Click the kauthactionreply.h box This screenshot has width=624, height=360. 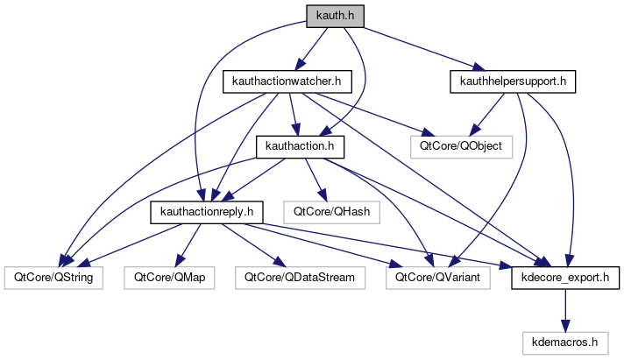(x=207, y=211)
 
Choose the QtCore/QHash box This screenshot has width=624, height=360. (x=331, y=211)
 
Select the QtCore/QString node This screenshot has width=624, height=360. (x=53, y=277)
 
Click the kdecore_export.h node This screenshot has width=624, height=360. (x=565, y=277)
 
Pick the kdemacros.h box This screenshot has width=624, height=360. (x=565, y=342)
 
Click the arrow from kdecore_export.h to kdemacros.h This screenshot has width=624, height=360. (x=565, y=309)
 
